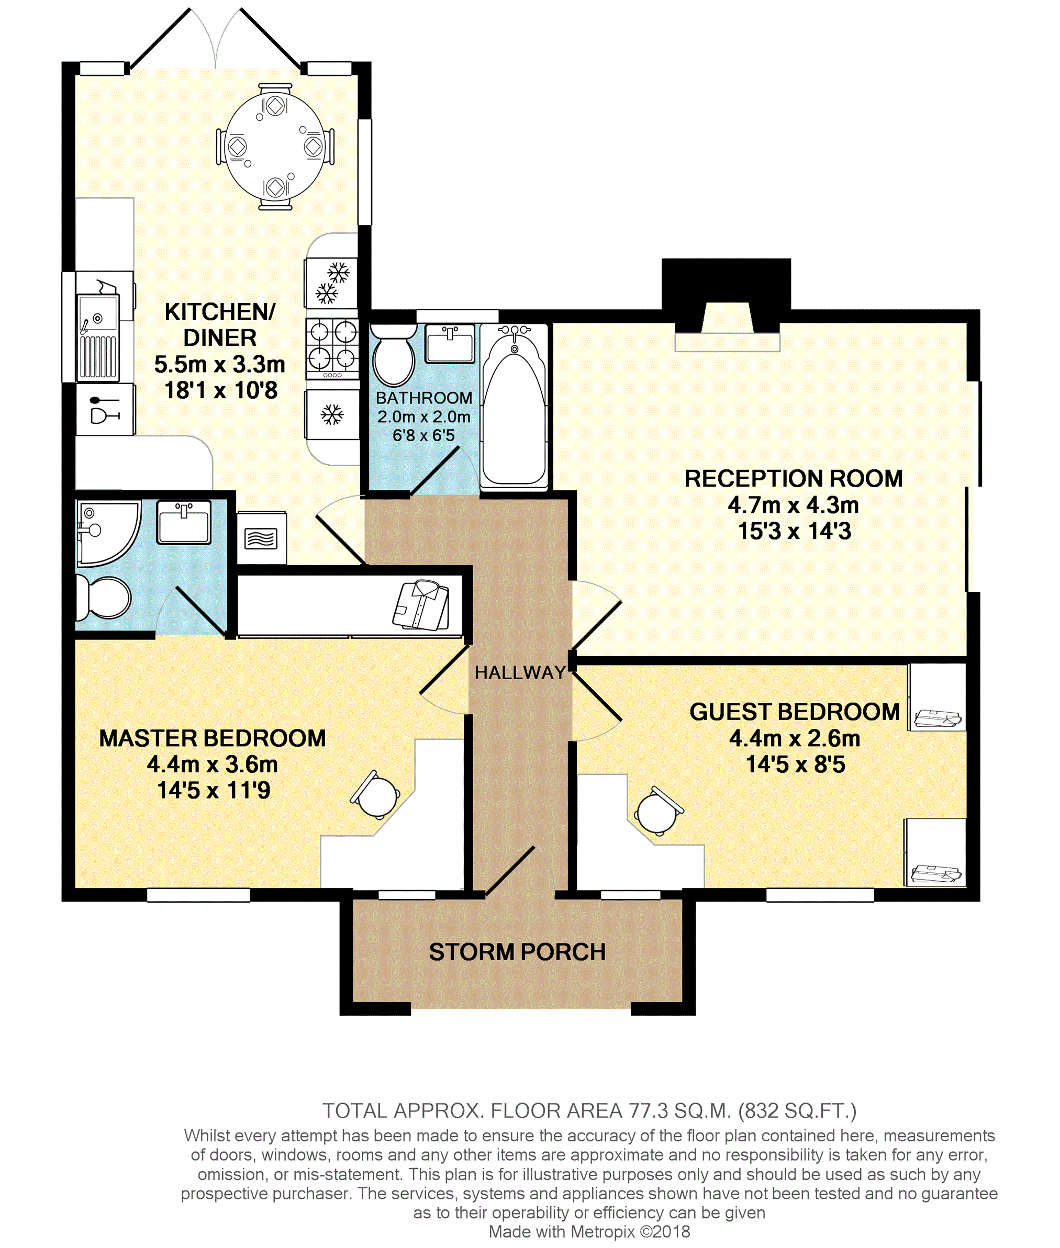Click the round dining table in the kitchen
click(275, 147)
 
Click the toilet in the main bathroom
click(394, 357)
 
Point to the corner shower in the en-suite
click(105, 532)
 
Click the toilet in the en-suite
click(105, 598)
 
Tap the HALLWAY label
click(520, 672)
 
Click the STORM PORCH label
click(517, 952)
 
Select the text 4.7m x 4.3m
click(793, 505)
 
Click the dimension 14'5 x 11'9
click(214, 790)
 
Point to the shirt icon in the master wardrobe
click(422, 605)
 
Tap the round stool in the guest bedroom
click(657, 813)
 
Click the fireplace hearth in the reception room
click(727, 342)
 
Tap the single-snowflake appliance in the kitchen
click(332, 414)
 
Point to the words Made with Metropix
click(562, 1231)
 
